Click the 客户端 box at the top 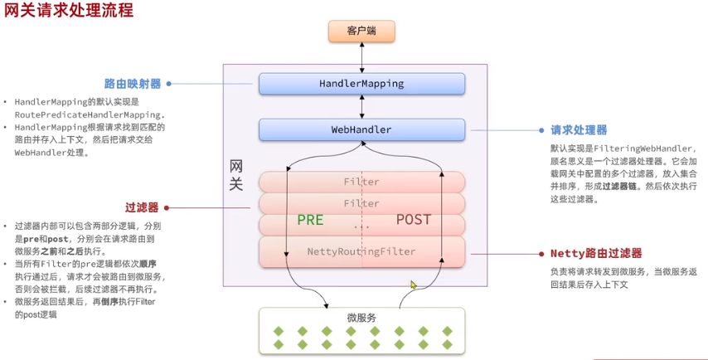[361, 32]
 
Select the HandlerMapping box [361, 84]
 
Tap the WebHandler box [361, 129]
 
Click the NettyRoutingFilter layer [361, 251]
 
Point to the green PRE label [310, 220]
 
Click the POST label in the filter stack [414, 220]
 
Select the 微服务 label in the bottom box [361, 318]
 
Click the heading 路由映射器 [133, 84]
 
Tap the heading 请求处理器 [579, 130]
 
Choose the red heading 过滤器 [142, 207]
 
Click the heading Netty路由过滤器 [596, 253]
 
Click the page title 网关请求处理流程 [69, 10]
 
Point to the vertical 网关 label [235, 175]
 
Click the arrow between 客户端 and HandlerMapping [361, 58]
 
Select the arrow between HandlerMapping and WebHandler [361, 107]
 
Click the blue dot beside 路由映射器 [169, 84]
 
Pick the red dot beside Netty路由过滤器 [541, 254]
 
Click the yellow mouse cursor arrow [413, 285]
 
